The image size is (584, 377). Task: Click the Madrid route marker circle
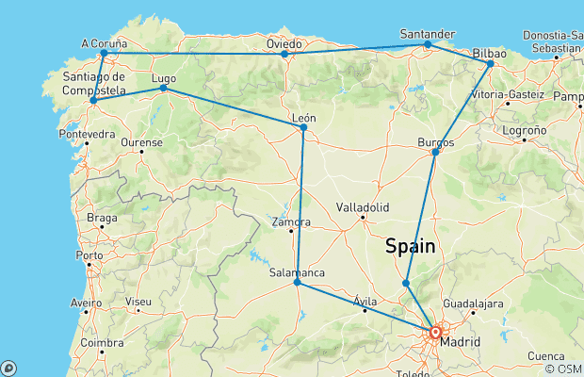pos(435,333)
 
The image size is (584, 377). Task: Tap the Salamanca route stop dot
pos(297,282)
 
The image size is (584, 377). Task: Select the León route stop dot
pos(302,127)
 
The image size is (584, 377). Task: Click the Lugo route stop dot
pos(163,88)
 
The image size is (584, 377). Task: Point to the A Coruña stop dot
pos(103,53)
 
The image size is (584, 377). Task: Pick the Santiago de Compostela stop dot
pos(92,100)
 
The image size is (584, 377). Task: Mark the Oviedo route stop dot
pos(284,54)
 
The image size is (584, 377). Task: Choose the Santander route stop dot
pos(427,44)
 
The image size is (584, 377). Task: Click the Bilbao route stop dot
pos(490,63)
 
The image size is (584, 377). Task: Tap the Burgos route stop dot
pos(434,153)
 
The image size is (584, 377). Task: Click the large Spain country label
pos(410,246)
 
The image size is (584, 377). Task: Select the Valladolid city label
pos(363,206)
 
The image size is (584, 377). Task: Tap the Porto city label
pos(89,255)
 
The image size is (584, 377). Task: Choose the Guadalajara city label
pos(473,303)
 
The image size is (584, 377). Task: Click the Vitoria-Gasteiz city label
pos(507,95)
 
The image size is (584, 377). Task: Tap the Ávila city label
pos(364,302)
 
